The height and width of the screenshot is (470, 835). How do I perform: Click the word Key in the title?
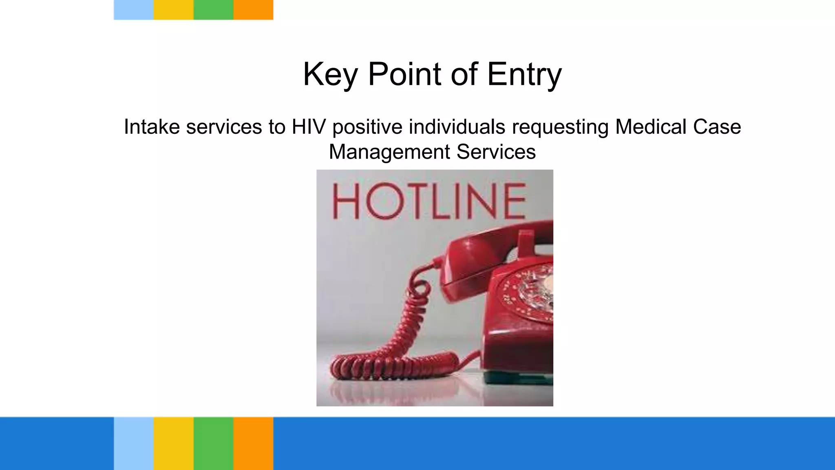tap(330, 75)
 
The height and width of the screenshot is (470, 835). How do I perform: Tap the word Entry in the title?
tap(524, 75)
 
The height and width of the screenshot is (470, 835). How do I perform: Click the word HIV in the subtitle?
tap(309, 127)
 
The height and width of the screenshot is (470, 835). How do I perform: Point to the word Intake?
tap(152, 127)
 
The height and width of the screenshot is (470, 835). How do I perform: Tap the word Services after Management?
tap(496, 152)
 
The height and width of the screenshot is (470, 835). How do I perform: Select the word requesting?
tap(560, 127)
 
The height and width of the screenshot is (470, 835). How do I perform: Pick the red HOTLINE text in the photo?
tap(429, 202)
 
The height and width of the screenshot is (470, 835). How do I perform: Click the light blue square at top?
tap(133, 10)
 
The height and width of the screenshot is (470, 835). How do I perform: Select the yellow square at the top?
tap(173, 10)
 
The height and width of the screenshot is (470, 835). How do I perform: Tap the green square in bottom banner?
tap(213, 443)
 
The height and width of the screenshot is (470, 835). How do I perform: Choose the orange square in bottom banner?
tap(253, 443)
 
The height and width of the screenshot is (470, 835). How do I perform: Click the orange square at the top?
tap(253, 10)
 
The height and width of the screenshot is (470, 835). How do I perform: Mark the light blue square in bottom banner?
tap(133, 443)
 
